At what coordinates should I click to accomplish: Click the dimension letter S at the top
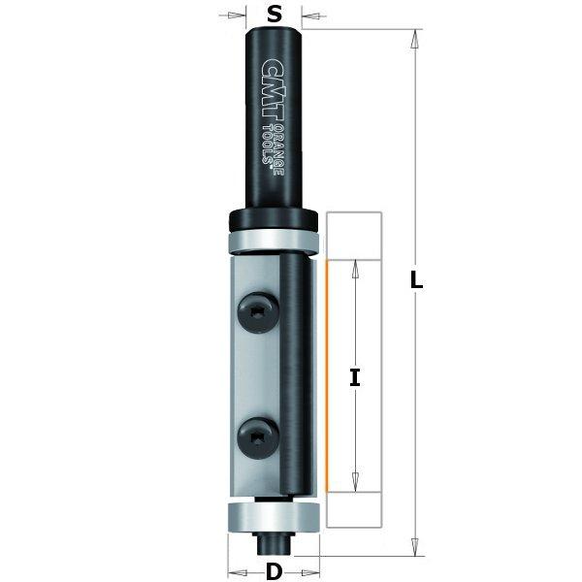275,15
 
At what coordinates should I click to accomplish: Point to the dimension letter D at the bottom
275,571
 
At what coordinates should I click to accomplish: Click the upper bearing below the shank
274,240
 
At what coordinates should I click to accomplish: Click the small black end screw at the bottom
274,538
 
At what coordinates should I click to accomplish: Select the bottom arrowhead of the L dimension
416,547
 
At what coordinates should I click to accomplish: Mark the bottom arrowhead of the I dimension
355,479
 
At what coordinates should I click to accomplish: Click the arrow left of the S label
233,15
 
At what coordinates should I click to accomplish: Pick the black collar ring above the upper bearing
274,216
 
